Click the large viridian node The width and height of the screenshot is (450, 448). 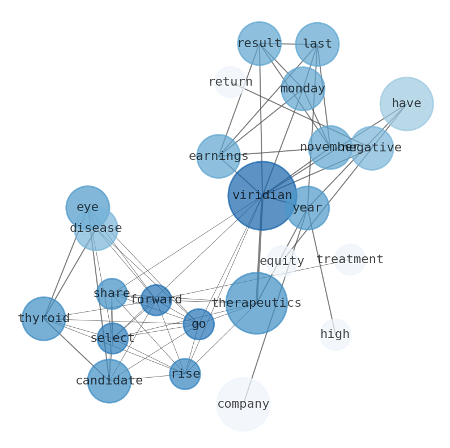262,196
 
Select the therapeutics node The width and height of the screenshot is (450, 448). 256,303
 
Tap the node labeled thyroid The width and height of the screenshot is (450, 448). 44,319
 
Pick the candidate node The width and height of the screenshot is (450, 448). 109,381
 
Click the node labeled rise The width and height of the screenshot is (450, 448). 185,374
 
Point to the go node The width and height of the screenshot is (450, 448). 198,324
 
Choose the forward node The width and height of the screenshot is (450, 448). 156,300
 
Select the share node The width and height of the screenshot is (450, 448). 112,294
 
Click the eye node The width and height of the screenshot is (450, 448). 87,208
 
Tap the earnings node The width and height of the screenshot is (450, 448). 218,157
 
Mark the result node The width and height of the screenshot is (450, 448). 259,44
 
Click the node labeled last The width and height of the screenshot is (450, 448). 317,44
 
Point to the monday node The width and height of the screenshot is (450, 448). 303,89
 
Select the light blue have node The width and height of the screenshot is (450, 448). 406,104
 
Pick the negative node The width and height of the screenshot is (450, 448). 372,148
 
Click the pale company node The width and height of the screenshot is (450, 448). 243,404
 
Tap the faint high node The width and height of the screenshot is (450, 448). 335,335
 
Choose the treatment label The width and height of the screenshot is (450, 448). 350,260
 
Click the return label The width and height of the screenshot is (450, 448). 230,82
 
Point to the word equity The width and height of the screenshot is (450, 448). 282,261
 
